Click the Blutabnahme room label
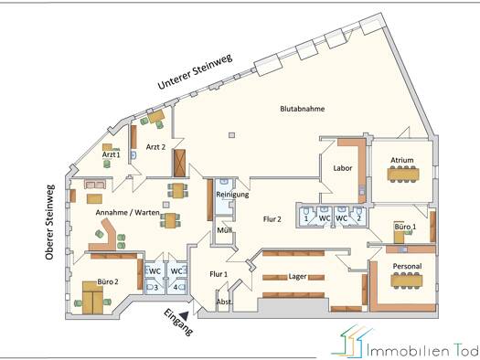pos(302,109)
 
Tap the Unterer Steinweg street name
pos(195,71)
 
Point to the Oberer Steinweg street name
pos(50,222)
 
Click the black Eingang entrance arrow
pos(185,315)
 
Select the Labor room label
pos(343,168)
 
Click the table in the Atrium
pos(403,174)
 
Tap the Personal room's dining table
pos(407,281)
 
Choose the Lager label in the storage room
pos(297,277)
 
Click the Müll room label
pos(224,230)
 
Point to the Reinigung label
pos(232,195)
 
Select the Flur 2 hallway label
pos(272,219)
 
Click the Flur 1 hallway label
pos(219,274)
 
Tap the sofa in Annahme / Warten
pos(95,185)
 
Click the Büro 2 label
pos(108,281)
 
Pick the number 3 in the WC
pos(155,288)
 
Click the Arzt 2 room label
pos(155,147)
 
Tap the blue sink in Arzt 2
pos(133,154)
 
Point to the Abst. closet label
pos(224,302)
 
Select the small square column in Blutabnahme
pos(232,135)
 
